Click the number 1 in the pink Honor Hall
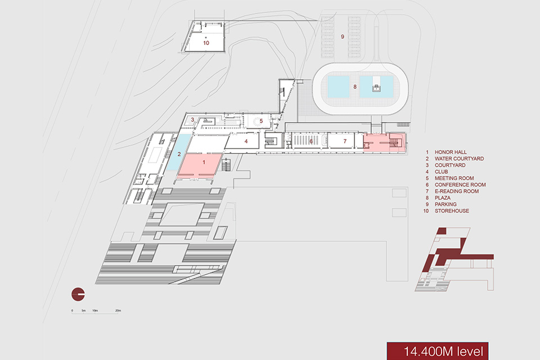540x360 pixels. point(204,162)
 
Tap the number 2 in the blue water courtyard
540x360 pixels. point(179,154)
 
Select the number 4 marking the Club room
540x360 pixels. point(246,141)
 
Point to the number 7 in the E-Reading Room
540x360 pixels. point(345,141)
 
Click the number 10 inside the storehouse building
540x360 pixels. point(206,43)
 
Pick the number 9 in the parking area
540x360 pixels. point(343,37)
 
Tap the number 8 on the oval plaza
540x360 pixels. point(355,87)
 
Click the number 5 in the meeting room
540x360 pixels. point(262,121)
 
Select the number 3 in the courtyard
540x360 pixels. point(192,120)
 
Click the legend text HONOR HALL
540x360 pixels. point(451,152)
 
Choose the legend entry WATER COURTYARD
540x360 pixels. point(459,159)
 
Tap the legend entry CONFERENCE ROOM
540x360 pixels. point(460,184)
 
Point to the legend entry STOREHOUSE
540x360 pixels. point(452,211)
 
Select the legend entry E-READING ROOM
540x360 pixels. point(457,191)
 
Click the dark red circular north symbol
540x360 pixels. point(78,295)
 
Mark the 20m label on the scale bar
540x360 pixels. point(118,310)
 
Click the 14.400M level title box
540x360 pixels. point(438,351)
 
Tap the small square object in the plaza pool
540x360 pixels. point(376,88)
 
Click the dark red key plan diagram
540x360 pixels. point(454,259)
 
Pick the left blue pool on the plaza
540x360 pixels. point(338,87)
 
